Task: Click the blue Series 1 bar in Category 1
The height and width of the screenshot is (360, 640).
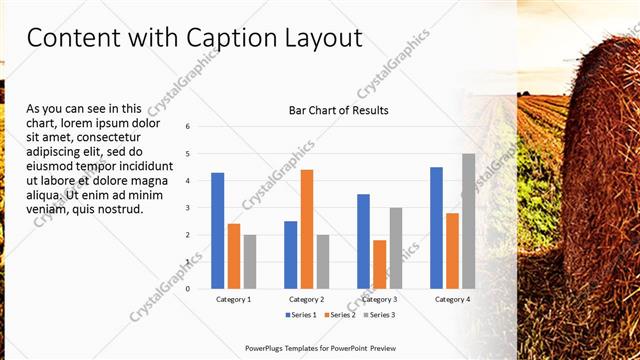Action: click(x=218, y=231)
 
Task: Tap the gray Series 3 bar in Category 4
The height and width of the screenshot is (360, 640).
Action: click(x=468, y=221)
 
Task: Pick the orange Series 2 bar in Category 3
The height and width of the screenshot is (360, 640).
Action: click(x=379, y=264)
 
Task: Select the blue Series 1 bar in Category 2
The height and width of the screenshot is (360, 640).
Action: click(x=291, y=255)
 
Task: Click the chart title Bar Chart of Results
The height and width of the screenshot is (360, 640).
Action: click(x=338, y=110)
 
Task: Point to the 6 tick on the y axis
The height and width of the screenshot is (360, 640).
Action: click(x=188, y=127)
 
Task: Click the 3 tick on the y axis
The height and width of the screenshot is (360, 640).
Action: click(x=188, y=208)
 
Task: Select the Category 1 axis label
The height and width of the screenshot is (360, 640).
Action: click(x=233, y=299)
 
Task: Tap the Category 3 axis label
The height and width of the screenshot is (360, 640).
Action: click(x=378, y=299)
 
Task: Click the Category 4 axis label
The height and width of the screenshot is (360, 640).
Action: click(x=451, y=299)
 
